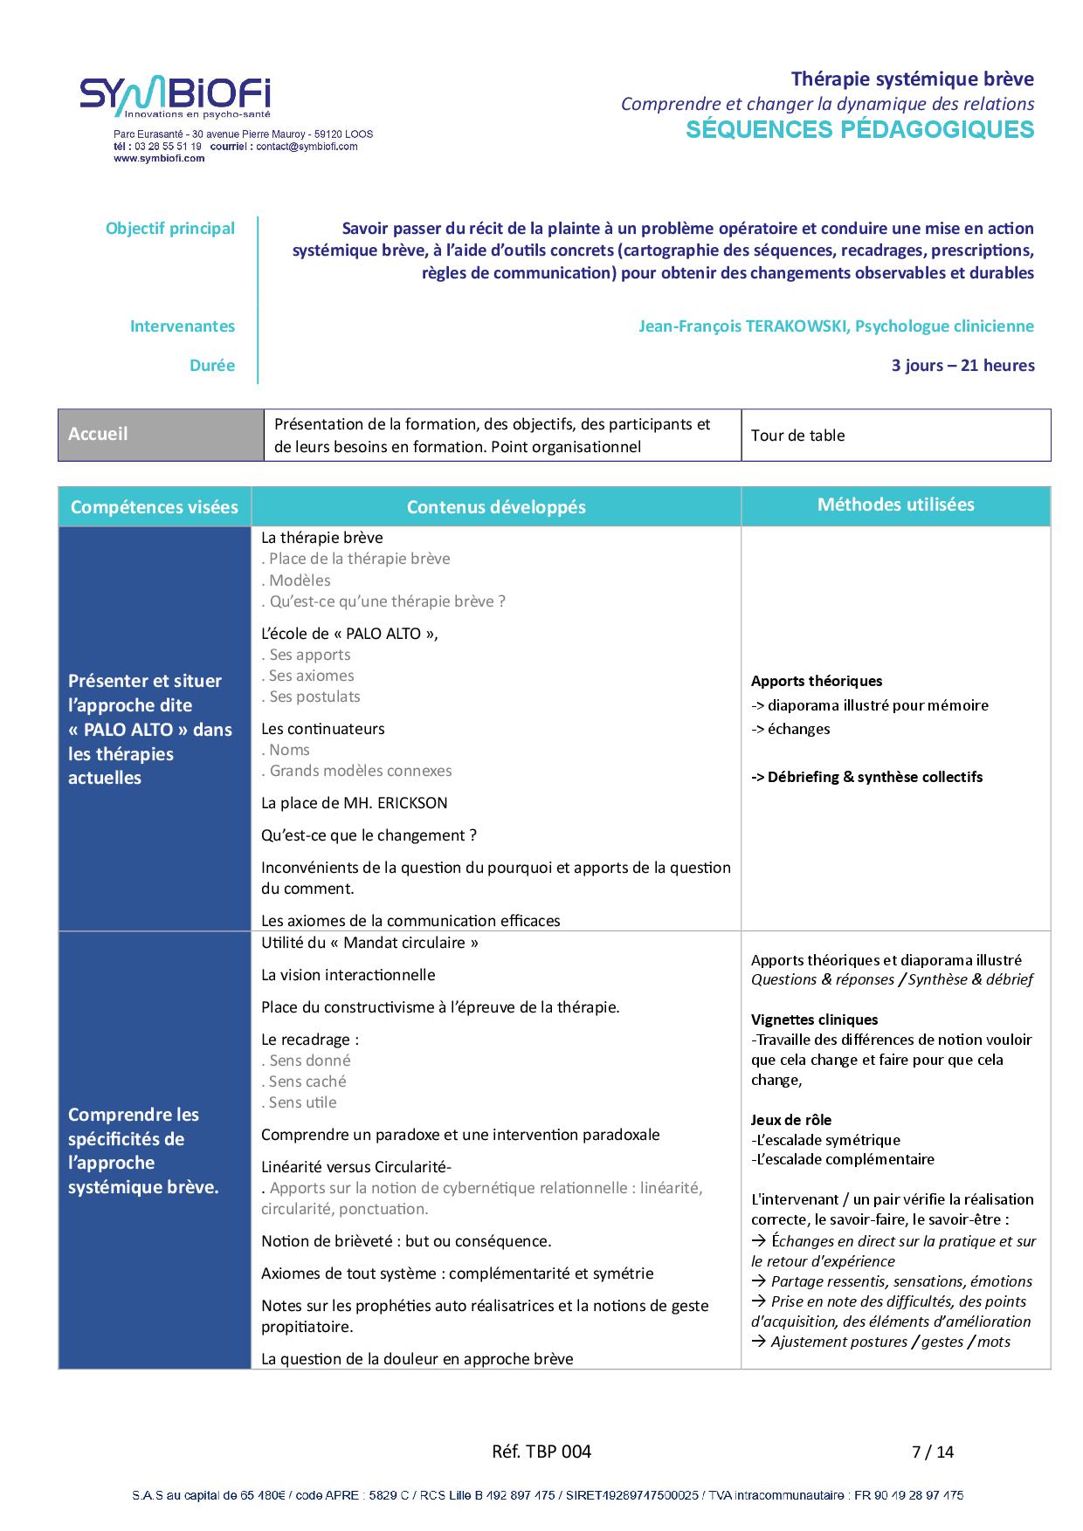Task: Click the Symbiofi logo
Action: tap(176, 97)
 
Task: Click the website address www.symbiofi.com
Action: tap(158, 159)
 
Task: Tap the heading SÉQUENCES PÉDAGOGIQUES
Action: tap(859, 130)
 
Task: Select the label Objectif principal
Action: tap(170, 229)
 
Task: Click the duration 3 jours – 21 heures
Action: tap(962, 366)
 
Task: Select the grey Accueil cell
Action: tap(161, 435)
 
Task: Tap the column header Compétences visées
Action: tap(155, 507)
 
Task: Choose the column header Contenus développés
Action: tap(496, 507)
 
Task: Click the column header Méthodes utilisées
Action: tap(895, 505)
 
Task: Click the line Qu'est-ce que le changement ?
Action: tap(369, 835)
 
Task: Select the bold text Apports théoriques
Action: tap(817, 681)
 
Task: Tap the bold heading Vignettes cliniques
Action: tap(814, 1020)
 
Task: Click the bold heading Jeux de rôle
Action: tap(791, 1120)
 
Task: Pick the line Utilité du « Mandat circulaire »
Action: tap(369, 943)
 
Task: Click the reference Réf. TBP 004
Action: tap(541, 1452)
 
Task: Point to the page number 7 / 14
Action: tap(933, 1452)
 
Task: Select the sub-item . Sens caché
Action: tap(304, 1081)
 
